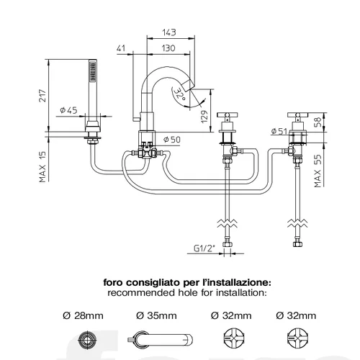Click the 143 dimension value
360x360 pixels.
tap(169, 32)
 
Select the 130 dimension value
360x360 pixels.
tap(168, 48)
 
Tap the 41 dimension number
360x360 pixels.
tap(121, 48)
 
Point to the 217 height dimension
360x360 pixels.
tap(42, 96)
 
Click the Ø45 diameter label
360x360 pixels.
tap(68, 110)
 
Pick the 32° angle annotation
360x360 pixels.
tap(180, 94)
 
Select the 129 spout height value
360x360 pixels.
tap(204, 117)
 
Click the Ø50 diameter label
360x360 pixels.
tap(172, 140)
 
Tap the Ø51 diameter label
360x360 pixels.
tap(279, 131)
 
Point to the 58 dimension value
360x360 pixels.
tap(318, 122)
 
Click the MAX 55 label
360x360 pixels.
tap(318, 171)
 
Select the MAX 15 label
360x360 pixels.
tap(42, 166)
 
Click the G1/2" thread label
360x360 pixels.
tap(204, 248)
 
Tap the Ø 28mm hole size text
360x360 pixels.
tap(83, 315)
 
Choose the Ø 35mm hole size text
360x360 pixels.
tap(156, 315)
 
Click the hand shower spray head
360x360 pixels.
tap(93, 71)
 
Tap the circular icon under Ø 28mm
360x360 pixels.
tap(87, 340)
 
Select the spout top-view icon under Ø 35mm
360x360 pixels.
tap(160, 340)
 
